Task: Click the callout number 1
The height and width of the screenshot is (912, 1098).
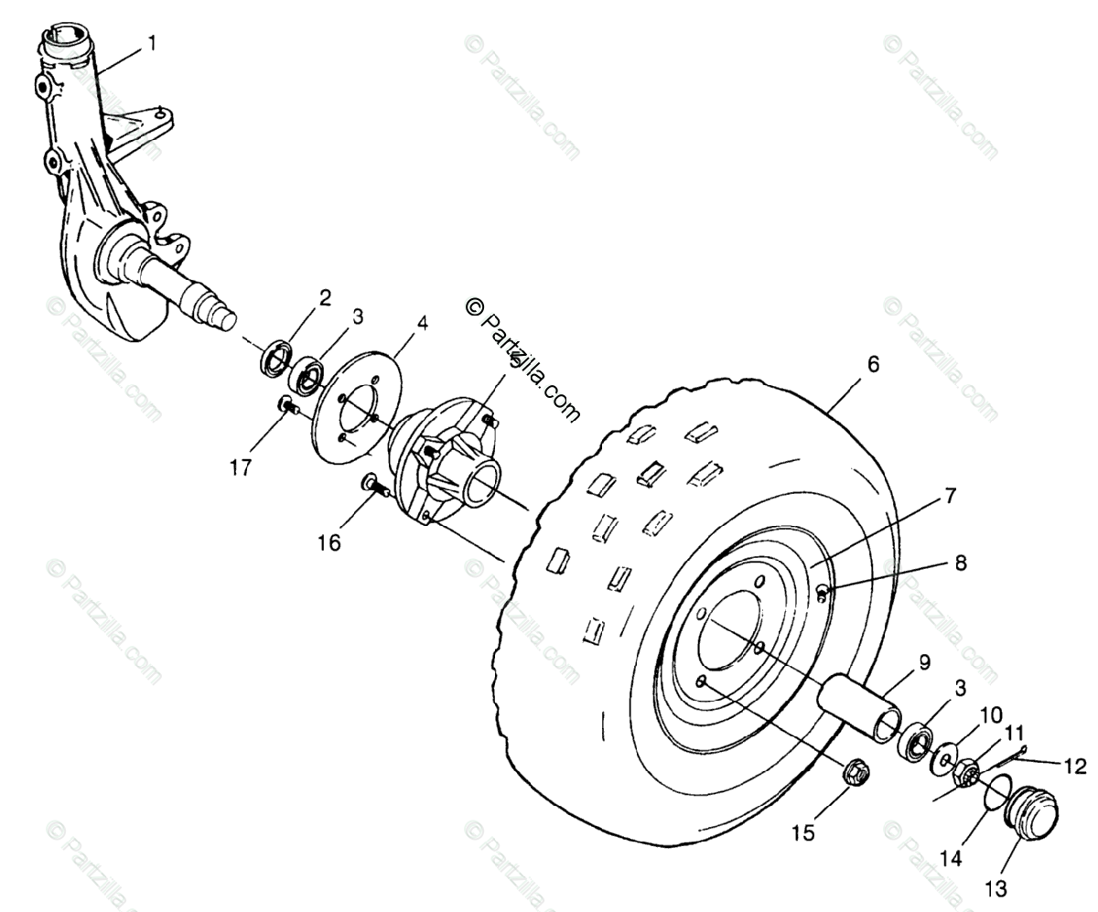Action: [152, 43]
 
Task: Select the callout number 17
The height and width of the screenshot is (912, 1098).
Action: [240, 468]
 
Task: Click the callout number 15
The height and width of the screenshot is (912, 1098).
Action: [802, 833]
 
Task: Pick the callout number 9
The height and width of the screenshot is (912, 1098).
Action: [924, 662]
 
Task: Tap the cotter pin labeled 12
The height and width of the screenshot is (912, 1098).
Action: [1006, 756]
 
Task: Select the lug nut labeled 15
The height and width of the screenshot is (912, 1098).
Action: [856, 774]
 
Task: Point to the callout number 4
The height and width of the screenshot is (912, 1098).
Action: [422, 323]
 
